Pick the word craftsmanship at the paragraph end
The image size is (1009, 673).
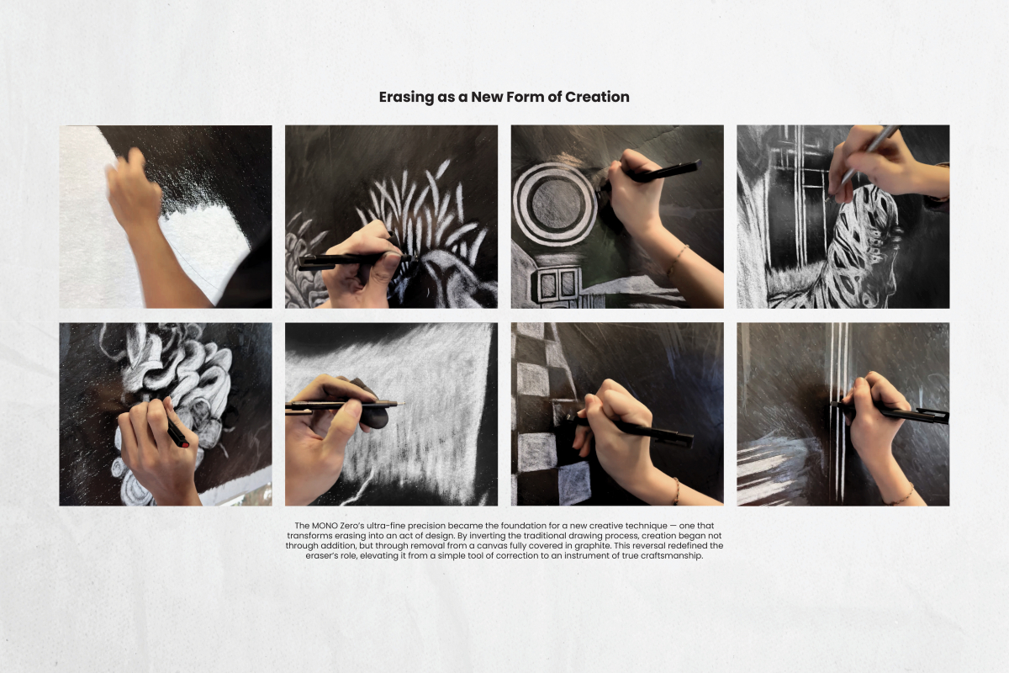coord(667,555)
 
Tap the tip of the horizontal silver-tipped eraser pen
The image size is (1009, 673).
coord(401,403)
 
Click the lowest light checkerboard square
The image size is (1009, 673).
coord(575,482)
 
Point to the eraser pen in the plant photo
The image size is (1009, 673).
coord(353,260)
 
